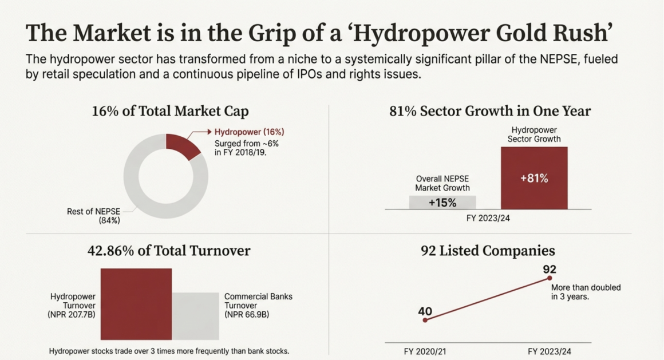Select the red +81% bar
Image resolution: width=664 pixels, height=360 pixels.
pos(534,178)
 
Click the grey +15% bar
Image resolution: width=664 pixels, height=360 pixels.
pos(442,202)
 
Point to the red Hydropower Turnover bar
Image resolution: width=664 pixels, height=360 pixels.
pos(136,304)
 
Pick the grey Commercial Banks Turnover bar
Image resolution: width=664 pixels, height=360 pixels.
pos(195,317)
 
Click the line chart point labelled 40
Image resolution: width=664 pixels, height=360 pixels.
pos(425,320)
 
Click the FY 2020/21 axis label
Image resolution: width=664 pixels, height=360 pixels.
pos(425,351)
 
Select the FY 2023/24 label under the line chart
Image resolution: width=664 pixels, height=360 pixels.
pos(550,351)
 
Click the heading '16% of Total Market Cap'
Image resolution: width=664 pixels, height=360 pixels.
pos(170,111)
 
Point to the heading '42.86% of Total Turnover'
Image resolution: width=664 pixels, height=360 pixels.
pos(169,251)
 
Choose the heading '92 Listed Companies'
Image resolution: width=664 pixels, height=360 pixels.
pos(488,251)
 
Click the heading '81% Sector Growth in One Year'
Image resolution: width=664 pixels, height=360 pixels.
pos(490,111)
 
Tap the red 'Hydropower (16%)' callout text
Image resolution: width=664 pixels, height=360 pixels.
pos(249,132)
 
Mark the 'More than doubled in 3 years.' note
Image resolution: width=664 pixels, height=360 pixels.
pos(586,292)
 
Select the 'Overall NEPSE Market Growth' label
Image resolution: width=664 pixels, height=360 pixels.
pos(442,183)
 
